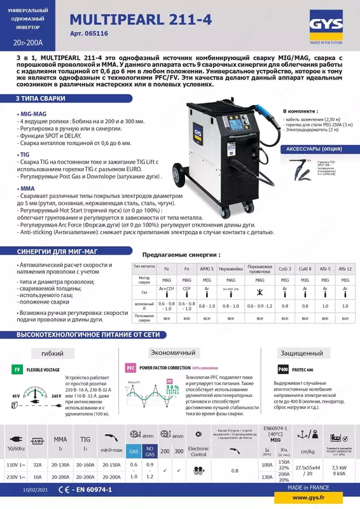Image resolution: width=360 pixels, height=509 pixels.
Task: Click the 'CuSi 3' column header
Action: [x=286, y=270]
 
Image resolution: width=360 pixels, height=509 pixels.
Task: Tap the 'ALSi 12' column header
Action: [x=345, y=270]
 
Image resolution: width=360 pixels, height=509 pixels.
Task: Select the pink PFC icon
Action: [x=130, y=368]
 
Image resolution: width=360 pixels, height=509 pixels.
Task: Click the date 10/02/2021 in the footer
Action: [x=35, y=490]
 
